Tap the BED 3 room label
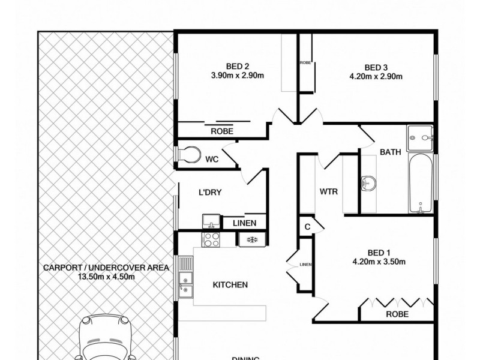[376, 67]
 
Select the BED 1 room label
[380, 252]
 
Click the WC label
[212, 159]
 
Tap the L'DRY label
[211, 193]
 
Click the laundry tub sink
[211, 220]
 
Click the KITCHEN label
[230, 285]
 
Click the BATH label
[390, 152]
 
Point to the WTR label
[329, 192]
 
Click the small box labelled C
[307, 226]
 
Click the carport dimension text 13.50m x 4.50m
[106, 277]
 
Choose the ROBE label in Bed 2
[222, 131]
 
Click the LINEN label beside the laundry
[245, 223]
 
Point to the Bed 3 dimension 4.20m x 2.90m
[376, 76]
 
